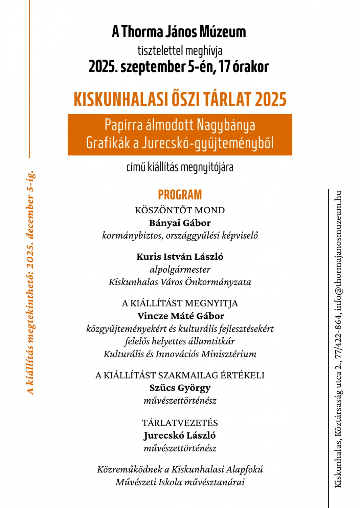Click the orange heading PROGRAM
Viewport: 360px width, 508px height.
pyautogui.click(x=180, y=195)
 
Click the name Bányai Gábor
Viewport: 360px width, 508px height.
pyautogui.click(x=180, y=223)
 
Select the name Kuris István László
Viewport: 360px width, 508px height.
pyautogui.click(x=180, y=257)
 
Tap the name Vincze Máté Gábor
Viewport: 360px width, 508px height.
pyautogui.click(x=181, y=316)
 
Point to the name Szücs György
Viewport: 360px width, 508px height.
pyautogui.click(x=180, y=388)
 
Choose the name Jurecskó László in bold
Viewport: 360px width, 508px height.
pyautogui.click(x=180, y=436)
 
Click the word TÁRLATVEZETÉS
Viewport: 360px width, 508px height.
pyautogui.click(x=180, y=423)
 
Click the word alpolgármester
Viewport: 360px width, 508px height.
pyautogui.click(x=180, y=270)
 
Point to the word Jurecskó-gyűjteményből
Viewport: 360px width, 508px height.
pyautogui.click(x=207, y=143)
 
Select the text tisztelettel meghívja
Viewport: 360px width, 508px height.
pyautogui.click(x=180, y=51)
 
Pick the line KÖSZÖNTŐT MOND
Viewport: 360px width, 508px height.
pyautogui.click(x=180, y=210)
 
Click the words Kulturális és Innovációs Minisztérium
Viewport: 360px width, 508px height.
pyautogui.click(x=180, y=354)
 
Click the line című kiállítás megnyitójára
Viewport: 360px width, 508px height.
pyautogui.click(x=180, y=167)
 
